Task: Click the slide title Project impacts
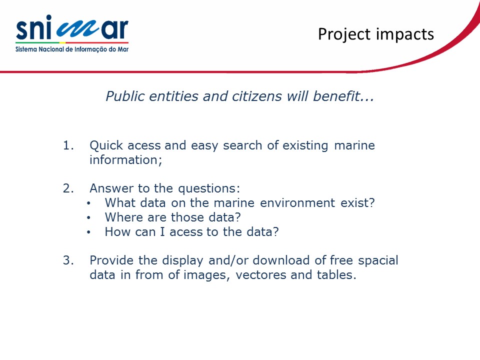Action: click(376, 34)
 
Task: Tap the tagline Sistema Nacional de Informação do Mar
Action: click(72, 49)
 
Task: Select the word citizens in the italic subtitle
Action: click(256, 96)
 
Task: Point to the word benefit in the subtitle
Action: click(336, 96)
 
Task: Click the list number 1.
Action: click(68, 145)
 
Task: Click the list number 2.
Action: click(68, 188)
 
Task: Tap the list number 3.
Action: click(68, 260)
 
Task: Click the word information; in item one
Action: click(126, 160)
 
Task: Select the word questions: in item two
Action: click(209, 188)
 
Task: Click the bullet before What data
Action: click(88, 203)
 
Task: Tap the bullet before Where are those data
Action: click(88, 217)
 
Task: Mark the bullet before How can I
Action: click(88, 232)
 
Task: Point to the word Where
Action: click(124, 217)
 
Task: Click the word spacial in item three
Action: click(378, 260)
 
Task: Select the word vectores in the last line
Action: click(261, 275)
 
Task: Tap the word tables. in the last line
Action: click(336, 274)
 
